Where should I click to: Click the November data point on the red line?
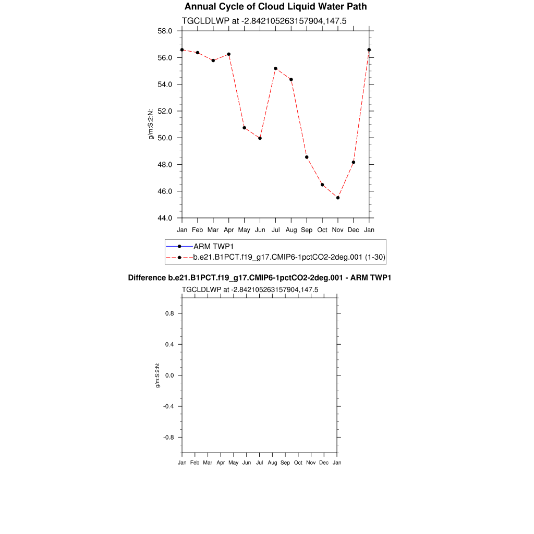click(338, 198)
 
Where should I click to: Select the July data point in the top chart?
click(275, 68)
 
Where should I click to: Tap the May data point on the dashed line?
click(244, 128)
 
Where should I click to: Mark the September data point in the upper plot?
click(307, 157)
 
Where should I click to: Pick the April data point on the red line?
click(228, 54)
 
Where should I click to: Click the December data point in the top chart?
click(354, 162)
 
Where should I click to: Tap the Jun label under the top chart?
click(260, 230)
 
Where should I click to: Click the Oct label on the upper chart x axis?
click(322, 230)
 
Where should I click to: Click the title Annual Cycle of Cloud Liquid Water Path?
click(275, 7)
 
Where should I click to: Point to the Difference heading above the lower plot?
click(260, 278)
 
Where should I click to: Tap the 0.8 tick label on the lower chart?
click(169, 313)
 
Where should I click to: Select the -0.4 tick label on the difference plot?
click(168, 406)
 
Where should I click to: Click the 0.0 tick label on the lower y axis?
click(169, 375)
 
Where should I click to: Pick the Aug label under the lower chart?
click(272, 463)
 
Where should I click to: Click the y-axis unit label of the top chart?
click(151, 124)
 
